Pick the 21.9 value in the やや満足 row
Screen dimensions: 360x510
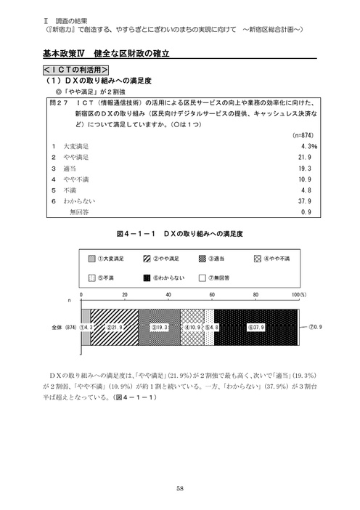pyautogui.click(x=306, y=157)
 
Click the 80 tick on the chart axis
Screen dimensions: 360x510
pyautogui.click(x=255, y=294)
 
